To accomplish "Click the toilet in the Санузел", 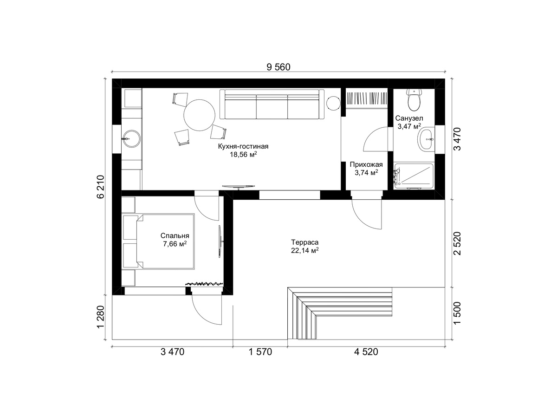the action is point(414,100).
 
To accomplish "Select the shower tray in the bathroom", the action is point(414,176).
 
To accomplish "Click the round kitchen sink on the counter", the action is point(131,138).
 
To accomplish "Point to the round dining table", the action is point(200,115).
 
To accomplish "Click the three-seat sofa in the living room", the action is point(272,104).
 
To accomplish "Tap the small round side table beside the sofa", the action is point(333,104).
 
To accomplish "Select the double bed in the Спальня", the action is point(159,241).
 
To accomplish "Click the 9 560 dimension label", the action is point(278,67).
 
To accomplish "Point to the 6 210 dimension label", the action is point(101,187).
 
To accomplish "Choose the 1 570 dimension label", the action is point(260,352).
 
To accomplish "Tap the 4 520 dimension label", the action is point(366,352).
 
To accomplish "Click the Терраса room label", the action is point(304,242).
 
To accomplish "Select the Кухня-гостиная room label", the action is point(243,146).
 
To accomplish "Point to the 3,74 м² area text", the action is point(366,173).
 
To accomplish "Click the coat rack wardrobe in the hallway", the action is point(367,98).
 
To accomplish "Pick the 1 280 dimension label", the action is point(101,317).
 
